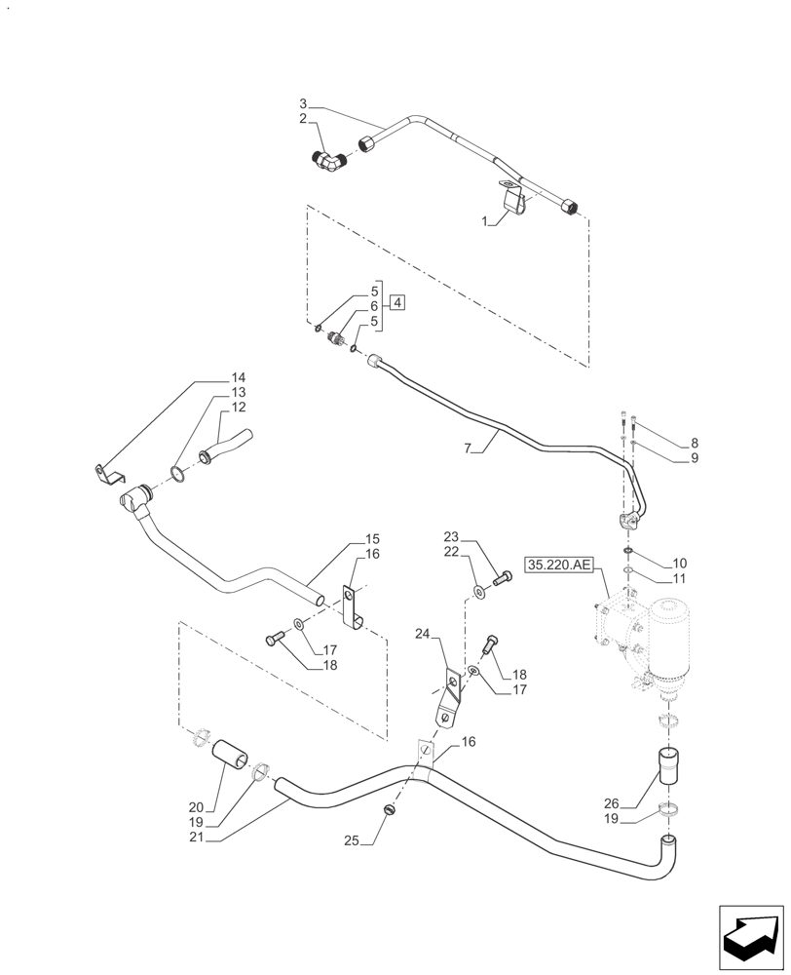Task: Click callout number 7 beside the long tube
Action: [469, 448]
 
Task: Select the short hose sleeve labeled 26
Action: [667, 764]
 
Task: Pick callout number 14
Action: [238, 378]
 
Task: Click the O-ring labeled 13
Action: [179, 474]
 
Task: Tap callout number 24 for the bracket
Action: [422, 634]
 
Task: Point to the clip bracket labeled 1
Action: [516, 200]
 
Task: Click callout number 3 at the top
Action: [303, 103]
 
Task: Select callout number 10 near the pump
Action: [680, 565]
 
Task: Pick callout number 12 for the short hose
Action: [238, 407]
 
